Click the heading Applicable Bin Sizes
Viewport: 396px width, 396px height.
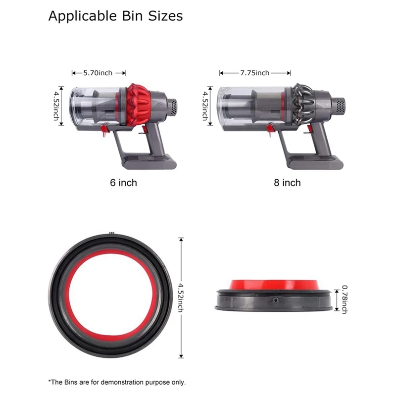click(115, 16)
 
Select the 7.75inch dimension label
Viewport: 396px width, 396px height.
click(255, 73)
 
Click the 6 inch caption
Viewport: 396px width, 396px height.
click(123, 183)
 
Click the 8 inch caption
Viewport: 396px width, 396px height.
click(287, 183)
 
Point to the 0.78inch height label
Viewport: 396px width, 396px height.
click(344, 298)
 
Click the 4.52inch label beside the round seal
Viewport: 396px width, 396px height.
click(181, 297)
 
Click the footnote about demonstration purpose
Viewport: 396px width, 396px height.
click(117, 382)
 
